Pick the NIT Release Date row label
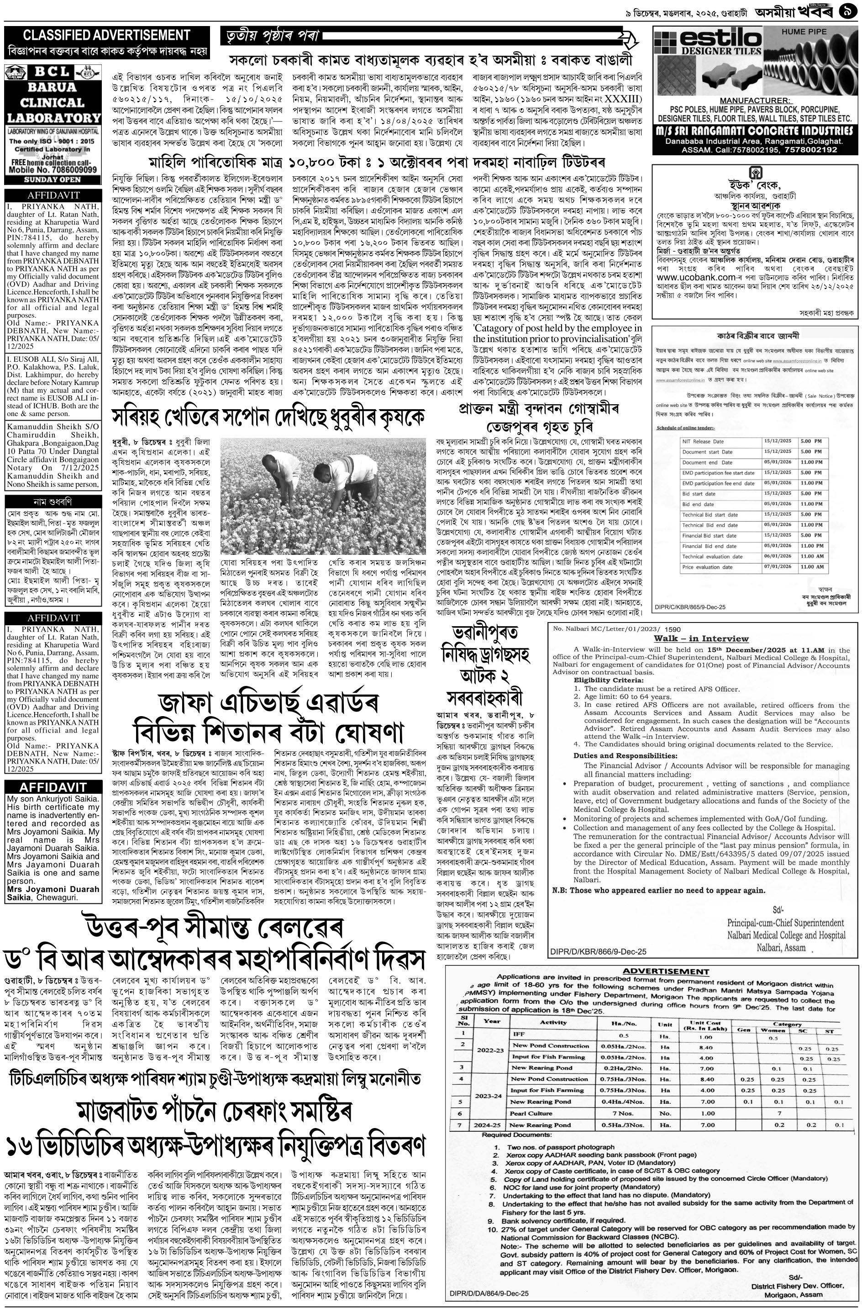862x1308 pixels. coord(703,441)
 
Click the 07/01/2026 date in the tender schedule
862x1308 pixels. coord(776,566)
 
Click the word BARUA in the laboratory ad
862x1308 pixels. coord(53,87)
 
